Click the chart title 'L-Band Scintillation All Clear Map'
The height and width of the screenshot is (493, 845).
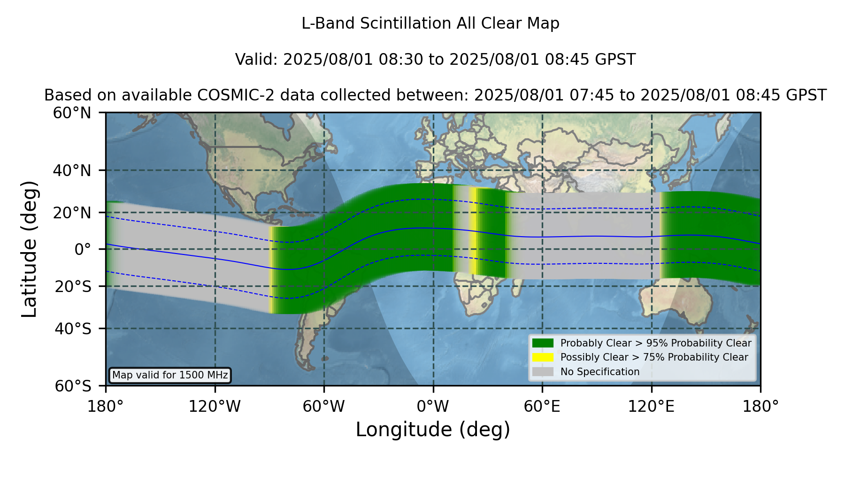click(x=430, y=23)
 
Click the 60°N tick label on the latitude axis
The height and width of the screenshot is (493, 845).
click(x=72, y=113)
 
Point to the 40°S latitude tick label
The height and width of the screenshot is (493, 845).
click(x=73, y=329)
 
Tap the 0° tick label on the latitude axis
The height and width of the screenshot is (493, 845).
click(x=83, y=249)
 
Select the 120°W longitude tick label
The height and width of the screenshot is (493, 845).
click(x=215, y=407)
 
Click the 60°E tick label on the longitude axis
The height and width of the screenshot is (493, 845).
click(x=542, y=407)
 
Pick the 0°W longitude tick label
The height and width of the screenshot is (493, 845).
click(x=433, y=407)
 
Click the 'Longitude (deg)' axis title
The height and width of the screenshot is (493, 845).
click(x=433, y=430)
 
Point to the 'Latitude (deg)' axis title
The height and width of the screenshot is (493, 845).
click(x=29, y=249)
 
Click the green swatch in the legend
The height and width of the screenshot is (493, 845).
click(x=543, y=343)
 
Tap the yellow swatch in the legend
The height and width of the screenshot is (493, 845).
click(x=543, y=357)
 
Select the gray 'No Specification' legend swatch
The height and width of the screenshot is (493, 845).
click(x=543, y=372)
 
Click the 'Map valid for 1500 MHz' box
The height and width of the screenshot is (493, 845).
click(x=170, y=375)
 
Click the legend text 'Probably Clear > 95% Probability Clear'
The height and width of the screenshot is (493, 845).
click(x=656, y=343)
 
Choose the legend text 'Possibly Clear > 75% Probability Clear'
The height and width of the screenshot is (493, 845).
click(x=654, y=357)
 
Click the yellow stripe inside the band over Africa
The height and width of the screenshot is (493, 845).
click(x=473, y=231)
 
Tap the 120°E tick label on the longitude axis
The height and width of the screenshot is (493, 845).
click(x=651, y=407)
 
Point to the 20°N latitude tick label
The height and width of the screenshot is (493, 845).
click(x=72, y=213)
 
